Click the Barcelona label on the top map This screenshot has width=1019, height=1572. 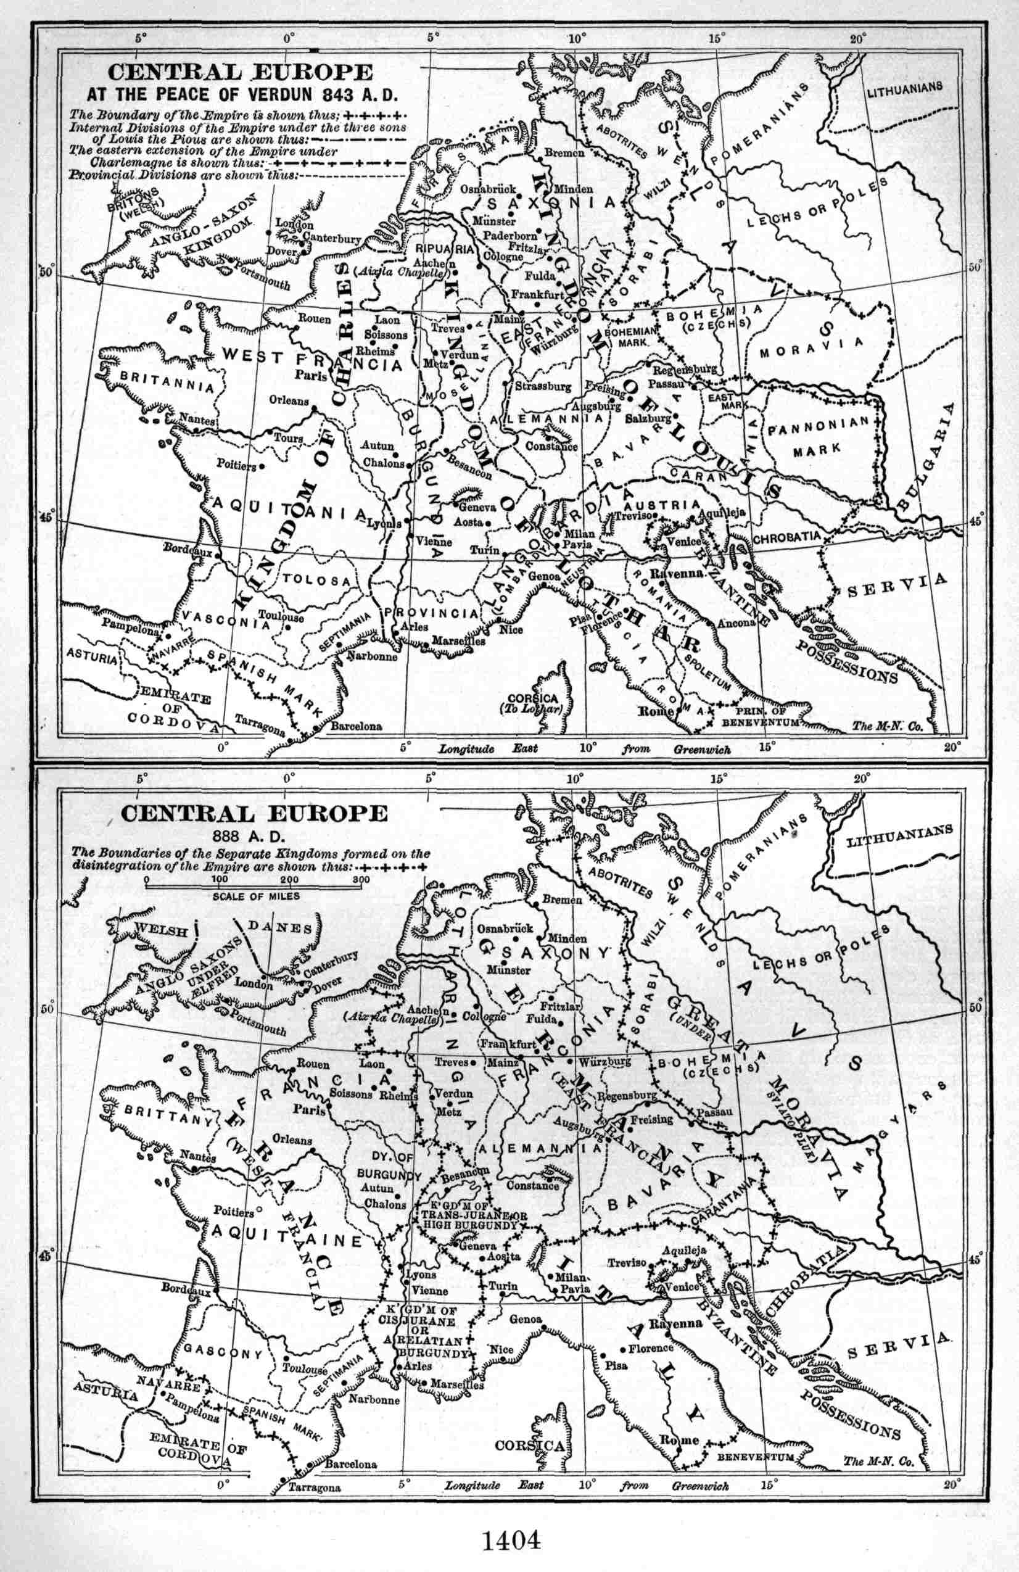point(356,726)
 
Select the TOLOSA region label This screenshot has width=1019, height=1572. point(316,580)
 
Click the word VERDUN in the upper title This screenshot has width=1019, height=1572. point(277,94)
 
